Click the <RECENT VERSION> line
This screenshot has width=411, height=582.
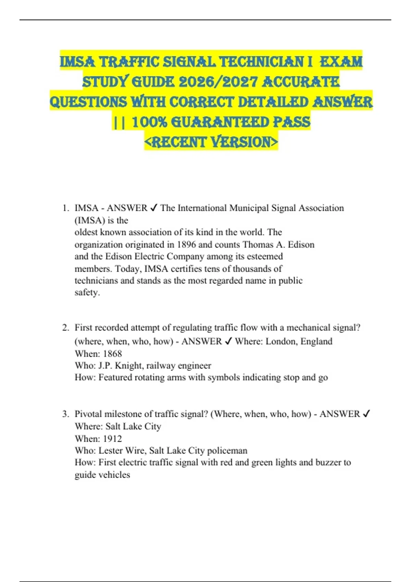click(x=211, y=142)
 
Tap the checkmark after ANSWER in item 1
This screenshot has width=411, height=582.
click(x=154, y=208)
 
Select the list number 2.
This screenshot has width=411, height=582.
click(x=65, y=328)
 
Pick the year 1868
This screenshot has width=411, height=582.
click(x=112, y=353)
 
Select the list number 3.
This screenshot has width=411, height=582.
click(x=65, y=414)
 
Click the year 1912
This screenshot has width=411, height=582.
click(x=112, y=439)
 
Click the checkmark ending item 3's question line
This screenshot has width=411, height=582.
click(x=366, y=414)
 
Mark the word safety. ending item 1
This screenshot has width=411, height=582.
click(x=87, y=292)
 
